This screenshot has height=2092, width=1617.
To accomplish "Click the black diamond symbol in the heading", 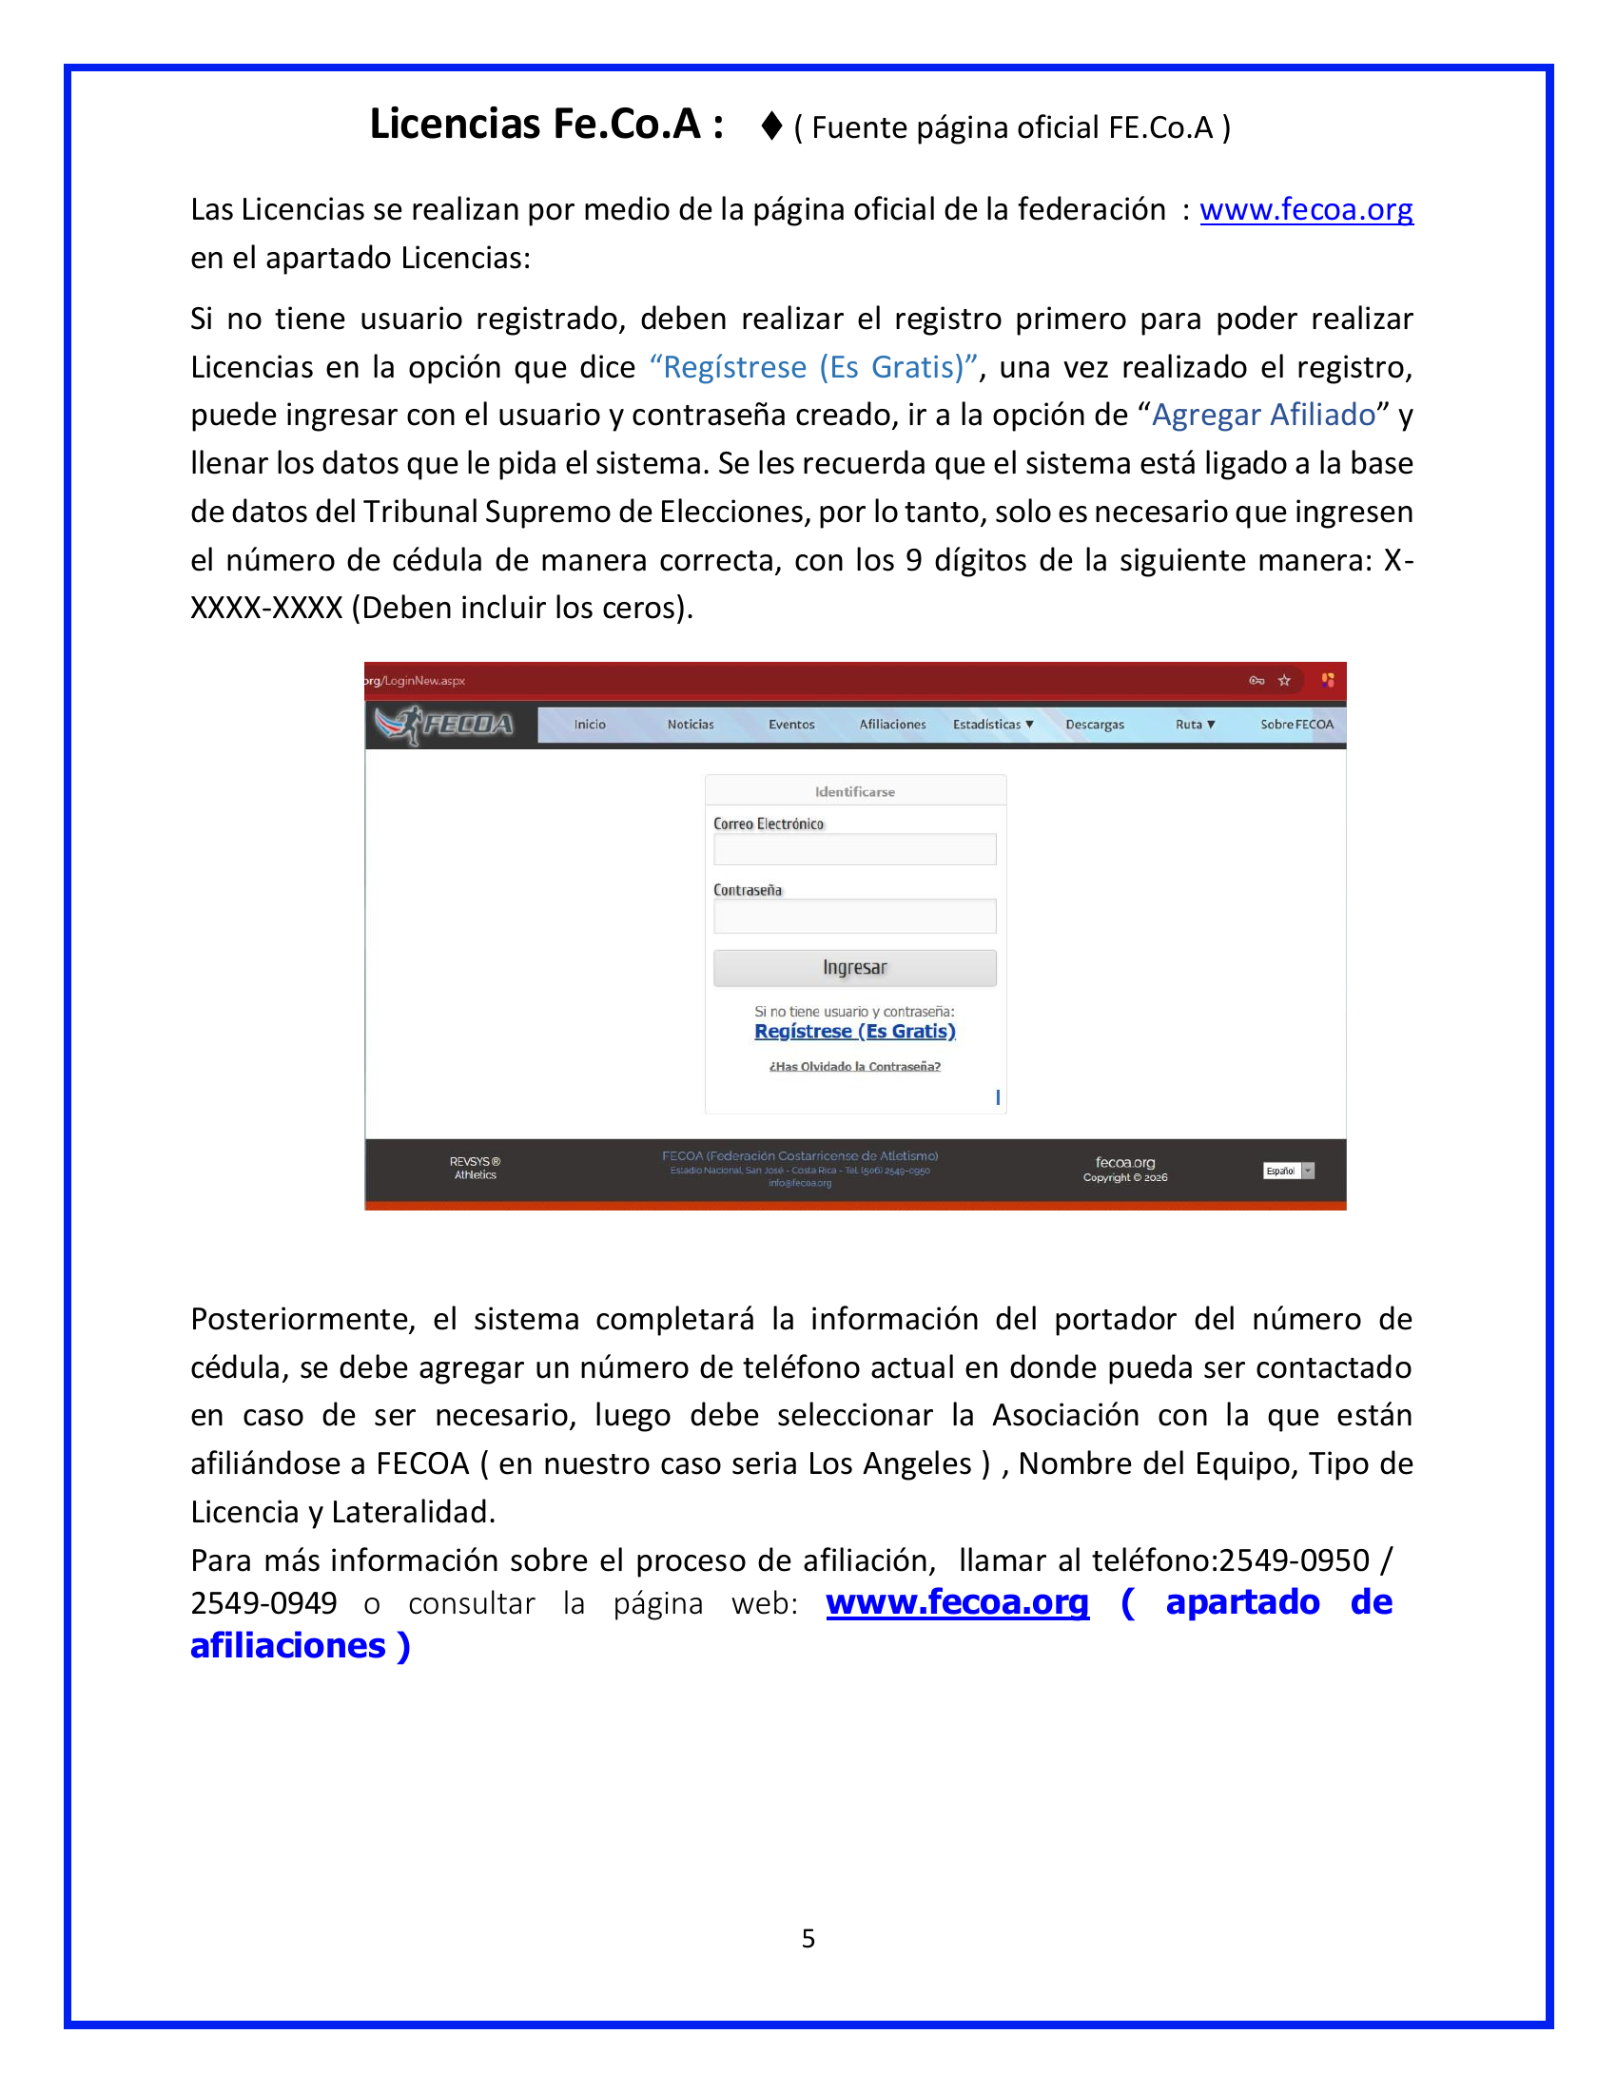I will click(771, 126).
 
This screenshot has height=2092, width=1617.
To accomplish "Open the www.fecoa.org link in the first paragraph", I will click(1306, 209).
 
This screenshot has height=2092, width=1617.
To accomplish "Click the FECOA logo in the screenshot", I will click(444, 725).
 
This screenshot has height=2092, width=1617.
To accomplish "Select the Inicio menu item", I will click(589, 725).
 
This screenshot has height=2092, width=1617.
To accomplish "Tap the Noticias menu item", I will click(690, 725).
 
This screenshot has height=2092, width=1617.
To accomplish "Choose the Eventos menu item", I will click(791, 725).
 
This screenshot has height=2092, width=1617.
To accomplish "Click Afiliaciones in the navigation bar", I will click(892, 725).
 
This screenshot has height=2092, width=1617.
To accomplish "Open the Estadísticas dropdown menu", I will click(992, 725).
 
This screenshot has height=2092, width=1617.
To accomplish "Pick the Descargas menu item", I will click(1094, 725).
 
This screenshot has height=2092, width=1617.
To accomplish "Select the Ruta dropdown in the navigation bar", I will click(1195, 725).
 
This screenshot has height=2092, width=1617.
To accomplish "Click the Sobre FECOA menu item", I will click(1296, 725).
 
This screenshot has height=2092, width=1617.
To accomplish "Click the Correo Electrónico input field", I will click(854, 849).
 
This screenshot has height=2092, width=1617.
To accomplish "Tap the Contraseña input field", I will click(854, 916).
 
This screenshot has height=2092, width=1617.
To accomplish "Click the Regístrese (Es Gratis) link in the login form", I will click(854, 1031).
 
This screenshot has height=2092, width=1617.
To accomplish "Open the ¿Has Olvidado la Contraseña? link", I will click(854, 1066).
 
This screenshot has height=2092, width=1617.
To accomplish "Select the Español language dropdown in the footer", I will click(1289, 1171).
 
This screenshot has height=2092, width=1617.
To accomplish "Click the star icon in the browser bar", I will click(1285, 680).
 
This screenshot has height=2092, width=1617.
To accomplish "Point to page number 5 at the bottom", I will click(808, 1939).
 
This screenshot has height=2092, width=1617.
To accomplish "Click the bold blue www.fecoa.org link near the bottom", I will click(957, 1602).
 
